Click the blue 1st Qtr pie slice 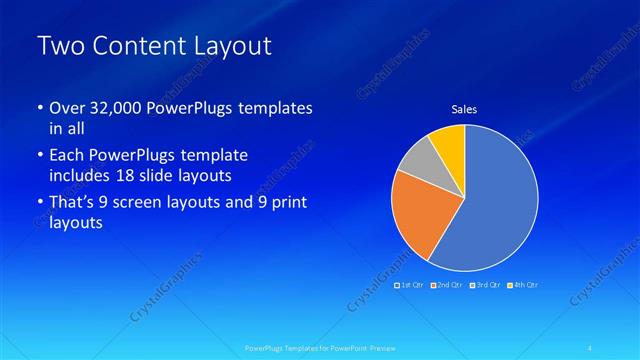(x=495, y=205)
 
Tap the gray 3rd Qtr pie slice (x=418, y=164)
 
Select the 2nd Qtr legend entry (x=448, y=285)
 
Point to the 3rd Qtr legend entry (x=485, y=285)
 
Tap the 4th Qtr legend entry (x=522, y=285)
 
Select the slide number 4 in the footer (x=591, y=347)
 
